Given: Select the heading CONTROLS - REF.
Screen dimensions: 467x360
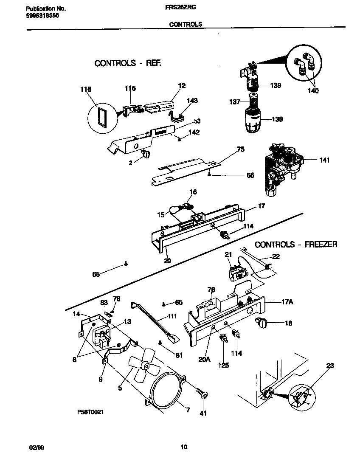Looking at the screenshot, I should point(128,63).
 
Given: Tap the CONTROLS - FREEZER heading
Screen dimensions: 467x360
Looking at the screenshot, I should point(296,245).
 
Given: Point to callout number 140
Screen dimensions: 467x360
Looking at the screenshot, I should point(313,91).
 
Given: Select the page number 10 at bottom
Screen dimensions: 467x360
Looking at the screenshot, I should point(183,447).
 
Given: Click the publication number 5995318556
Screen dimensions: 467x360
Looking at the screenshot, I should point(42,15).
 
